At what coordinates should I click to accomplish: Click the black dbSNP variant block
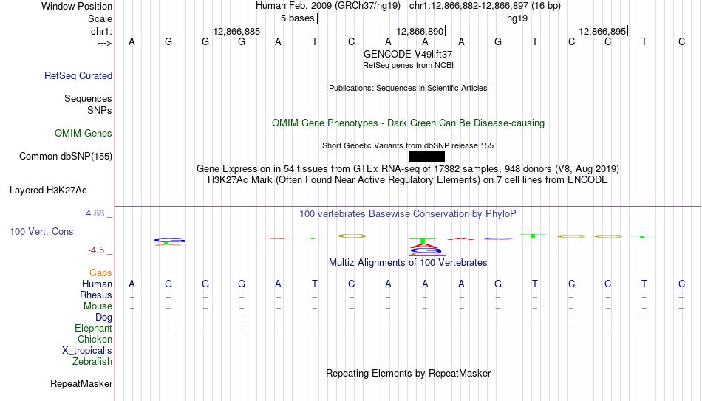click(426, 157)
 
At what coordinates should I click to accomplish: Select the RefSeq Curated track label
click(78, 75)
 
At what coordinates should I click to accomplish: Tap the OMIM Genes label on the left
click(84, 134)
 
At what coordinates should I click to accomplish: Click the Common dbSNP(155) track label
click(66, 157)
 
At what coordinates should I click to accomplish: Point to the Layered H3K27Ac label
click(48, 191)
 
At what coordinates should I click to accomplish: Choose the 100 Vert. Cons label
click(41, 231)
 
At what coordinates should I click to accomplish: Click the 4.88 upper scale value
click(95, 213)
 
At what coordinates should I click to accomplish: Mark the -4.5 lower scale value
click(96, 250)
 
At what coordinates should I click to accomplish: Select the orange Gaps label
click(100, 273)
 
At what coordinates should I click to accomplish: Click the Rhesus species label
click(96, 295)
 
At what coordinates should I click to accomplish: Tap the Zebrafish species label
click(92, 362)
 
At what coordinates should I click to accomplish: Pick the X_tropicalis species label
click(87, 351)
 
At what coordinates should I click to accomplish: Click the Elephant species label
click(94, 329)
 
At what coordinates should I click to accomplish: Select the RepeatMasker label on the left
click(81, 383)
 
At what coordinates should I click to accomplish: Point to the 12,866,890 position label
click(420, 31)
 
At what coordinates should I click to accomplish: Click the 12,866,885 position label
click(236, 31)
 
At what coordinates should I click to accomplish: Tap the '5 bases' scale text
click(298, 18)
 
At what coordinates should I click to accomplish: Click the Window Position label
click(77, 6)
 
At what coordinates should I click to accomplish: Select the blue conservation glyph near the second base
click(169, 241)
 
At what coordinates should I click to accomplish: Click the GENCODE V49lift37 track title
click(408, 54)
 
